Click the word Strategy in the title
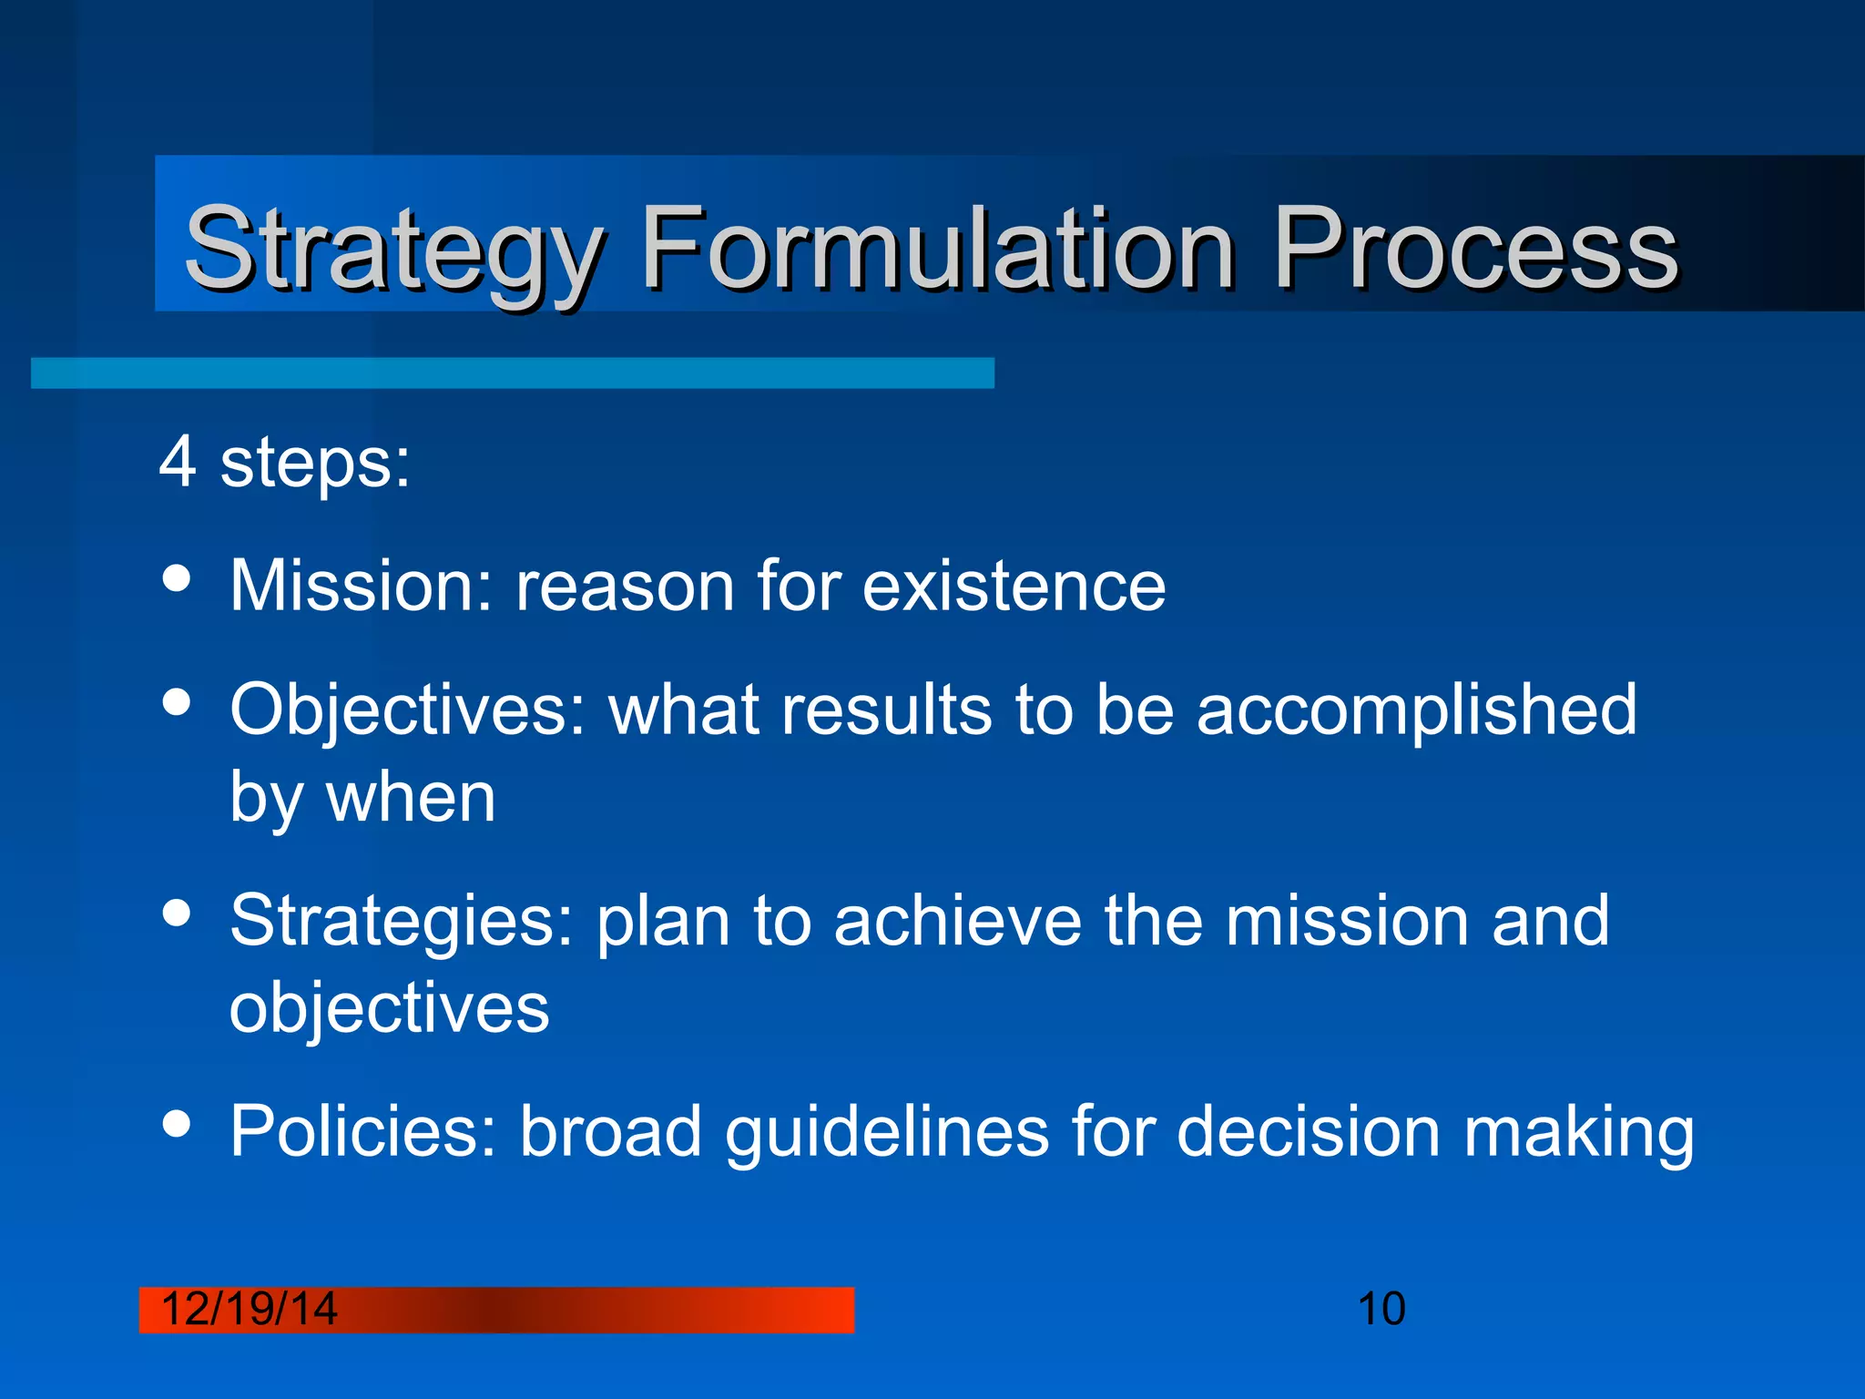392,248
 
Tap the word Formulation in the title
938,248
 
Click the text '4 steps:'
284,463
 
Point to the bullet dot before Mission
177,578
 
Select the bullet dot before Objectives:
177,702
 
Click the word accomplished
1416,710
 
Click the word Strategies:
402,922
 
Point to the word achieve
956,922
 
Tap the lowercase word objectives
389,1008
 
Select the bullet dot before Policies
177,1123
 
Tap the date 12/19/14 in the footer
249,1309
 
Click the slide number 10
1381,1309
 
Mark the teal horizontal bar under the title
512,373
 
